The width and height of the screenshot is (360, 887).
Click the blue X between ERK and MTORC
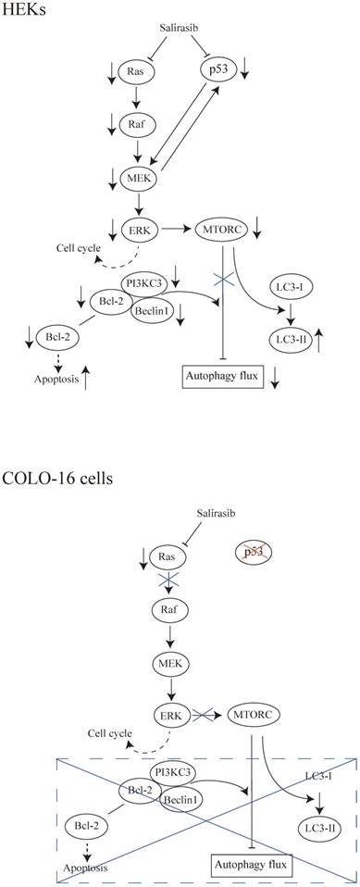pos(203,715)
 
